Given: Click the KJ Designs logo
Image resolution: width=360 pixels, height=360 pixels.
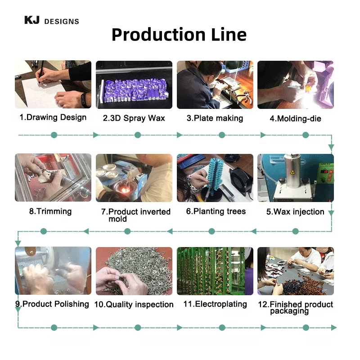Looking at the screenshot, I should (51, 21).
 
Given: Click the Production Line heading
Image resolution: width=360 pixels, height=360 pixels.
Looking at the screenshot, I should (179, 35).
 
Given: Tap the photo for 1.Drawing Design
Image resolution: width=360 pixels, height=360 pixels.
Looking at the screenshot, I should (53, 85).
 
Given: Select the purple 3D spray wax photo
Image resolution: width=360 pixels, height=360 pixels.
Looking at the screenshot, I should (134, 85).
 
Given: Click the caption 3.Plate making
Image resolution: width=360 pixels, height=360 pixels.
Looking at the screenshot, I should (215, 118).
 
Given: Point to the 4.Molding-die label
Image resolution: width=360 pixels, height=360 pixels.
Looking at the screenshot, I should (295, 119).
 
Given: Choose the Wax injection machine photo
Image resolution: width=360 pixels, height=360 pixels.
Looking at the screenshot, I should (295, 178).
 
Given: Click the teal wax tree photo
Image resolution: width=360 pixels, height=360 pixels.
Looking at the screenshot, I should (215, 178).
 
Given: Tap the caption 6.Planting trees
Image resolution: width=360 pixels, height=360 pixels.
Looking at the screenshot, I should (216, 211).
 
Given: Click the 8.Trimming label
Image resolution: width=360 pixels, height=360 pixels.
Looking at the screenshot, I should (50, 211).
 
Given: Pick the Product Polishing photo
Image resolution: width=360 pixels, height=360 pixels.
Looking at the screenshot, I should (53, 271).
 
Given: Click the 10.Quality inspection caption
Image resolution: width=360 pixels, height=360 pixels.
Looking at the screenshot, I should (134, 305).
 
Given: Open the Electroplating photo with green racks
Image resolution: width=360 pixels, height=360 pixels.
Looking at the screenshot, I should (215, 271).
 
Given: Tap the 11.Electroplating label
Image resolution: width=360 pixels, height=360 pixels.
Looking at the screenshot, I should (215, 304).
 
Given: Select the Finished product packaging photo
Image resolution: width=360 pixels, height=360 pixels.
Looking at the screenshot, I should (295, 271).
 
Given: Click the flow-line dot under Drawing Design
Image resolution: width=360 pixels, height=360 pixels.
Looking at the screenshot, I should (54, 135).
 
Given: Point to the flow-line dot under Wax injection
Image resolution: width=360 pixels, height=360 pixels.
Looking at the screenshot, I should (295, 231).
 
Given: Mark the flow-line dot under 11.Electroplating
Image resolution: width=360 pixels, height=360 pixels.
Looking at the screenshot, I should (222, 328).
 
